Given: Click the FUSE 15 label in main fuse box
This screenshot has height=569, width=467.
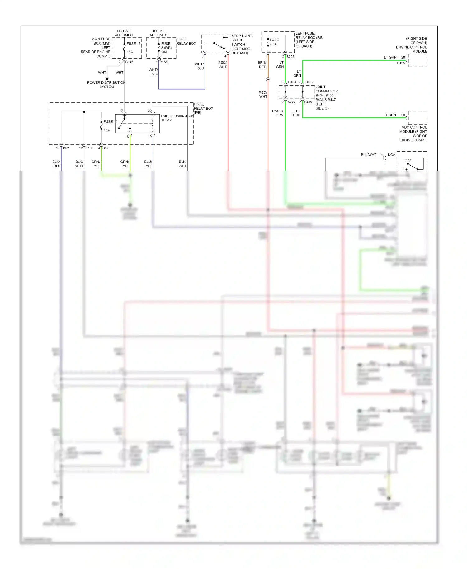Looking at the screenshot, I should coord(133,44).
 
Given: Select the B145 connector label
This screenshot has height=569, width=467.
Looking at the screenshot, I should coord(129,62).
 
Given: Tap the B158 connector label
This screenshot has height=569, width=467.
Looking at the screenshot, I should coord(164,62).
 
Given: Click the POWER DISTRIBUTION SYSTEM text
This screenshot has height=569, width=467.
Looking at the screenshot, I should coord(106,85).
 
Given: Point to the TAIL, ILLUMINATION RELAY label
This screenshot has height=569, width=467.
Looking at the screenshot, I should coord(177,118).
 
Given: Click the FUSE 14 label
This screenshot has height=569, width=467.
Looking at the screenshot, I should coord(110,122).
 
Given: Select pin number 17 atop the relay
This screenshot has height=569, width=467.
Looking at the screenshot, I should coord(121,111).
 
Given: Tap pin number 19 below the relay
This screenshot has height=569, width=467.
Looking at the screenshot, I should coord(150,137).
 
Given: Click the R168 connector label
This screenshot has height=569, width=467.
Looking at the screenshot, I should coord(89,148).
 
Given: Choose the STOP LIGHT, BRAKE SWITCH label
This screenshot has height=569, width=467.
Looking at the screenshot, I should coord(242,45).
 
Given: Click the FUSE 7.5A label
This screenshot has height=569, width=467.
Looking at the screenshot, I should coord(274,42).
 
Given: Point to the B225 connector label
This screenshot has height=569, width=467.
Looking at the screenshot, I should coord(290,57).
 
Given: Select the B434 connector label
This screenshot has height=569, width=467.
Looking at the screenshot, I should coord(292,82).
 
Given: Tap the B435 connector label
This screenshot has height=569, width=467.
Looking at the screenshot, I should coord(308,102).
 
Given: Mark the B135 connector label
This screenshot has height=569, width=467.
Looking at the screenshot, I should coord(401,63).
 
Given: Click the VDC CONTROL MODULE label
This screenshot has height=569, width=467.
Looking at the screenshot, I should coord(413,134).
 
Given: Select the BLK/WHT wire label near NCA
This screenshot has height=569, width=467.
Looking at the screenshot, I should coord(368,155).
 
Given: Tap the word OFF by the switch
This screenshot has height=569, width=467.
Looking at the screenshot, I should coord(408,161).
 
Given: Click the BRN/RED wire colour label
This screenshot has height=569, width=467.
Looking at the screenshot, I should coord(262,65).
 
